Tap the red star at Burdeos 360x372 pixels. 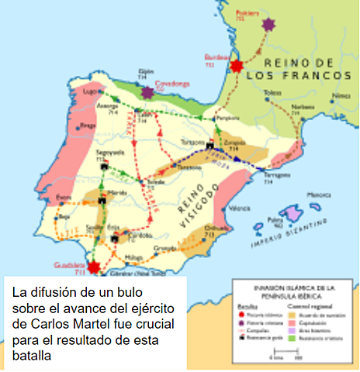(236, 66)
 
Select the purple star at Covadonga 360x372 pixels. (147, 92)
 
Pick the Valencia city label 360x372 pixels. (240, 208)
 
